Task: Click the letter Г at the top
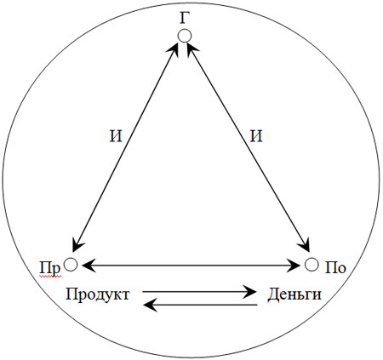(185, 19)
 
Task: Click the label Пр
(50, 268)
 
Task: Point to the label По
(335, 268)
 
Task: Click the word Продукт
(98, 294)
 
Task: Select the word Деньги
(294, 294)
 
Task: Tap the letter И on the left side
(116, 136)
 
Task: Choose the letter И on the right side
(256, 136)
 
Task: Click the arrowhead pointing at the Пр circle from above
(77, 245)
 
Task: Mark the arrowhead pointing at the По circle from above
(304, 245)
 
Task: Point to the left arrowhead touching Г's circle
(174, 50)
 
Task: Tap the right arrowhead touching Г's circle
(191, 50)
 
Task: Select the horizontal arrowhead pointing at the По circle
(294, 266)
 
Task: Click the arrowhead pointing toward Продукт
(150, 305)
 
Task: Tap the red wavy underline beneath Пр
(50, 276)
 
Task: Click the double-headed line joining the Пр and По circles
(191, 266)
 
